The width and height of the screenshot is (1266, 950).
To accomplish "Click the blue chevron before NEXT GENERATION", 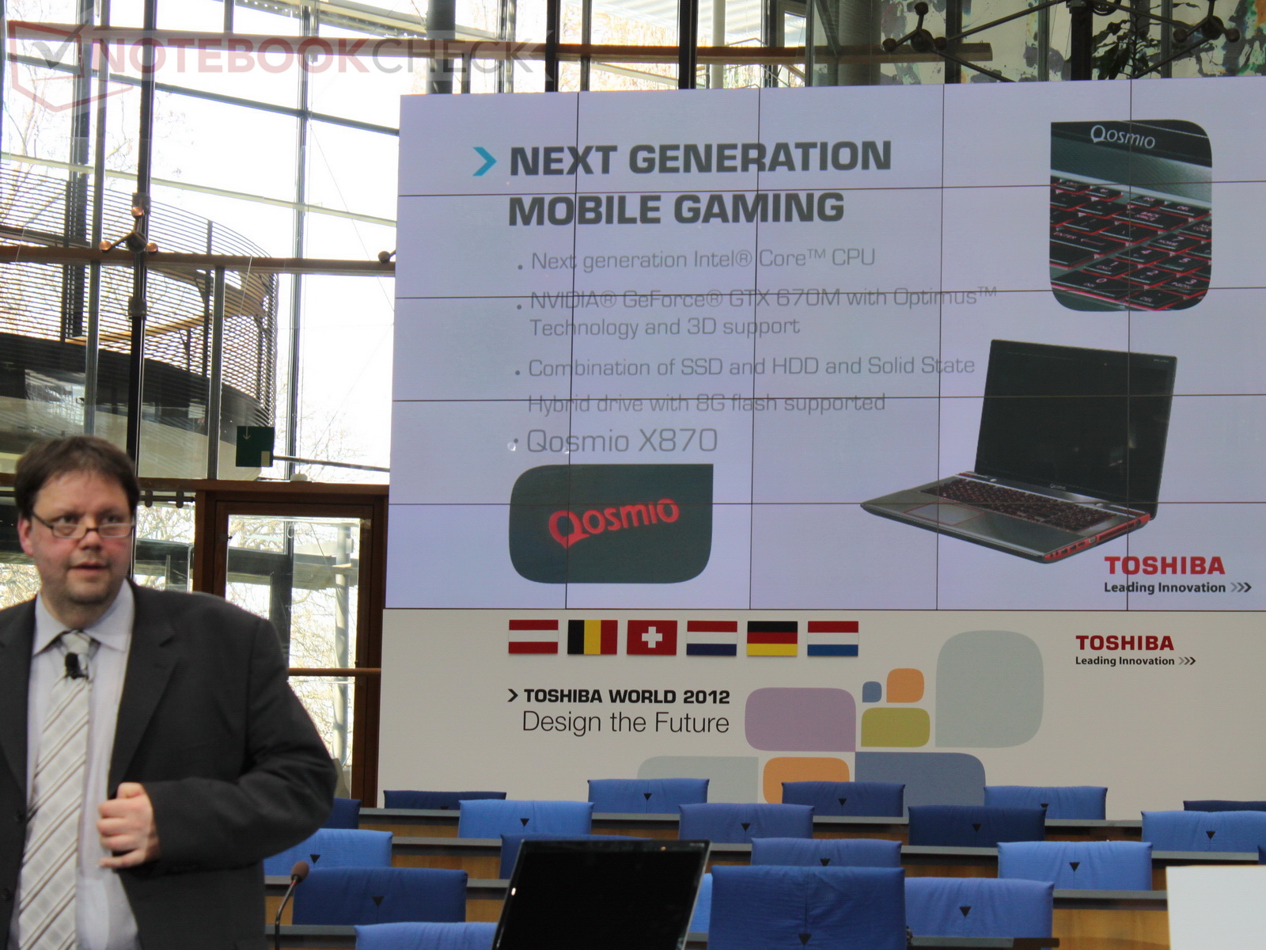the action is click(x=484, y=161).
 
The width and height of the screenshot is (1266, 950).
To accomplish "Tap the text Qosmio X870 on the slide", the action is click(x=623, y=441).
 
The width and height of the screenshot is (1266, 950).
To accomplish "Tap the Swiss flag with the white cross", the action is click(x=652, y=637).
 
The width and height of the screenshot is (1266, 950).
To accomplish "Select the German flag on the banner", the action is click(x=772, y=638).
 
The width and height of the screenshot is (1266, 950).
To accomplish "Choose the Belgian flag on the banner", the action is click(x=593, y=636).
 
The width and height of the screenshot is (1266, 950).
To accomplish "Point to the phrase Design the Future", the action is click(x=625, y=724).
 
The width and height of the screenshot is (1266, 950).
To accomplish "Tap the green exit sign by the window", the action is click(x=254, y=446).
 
